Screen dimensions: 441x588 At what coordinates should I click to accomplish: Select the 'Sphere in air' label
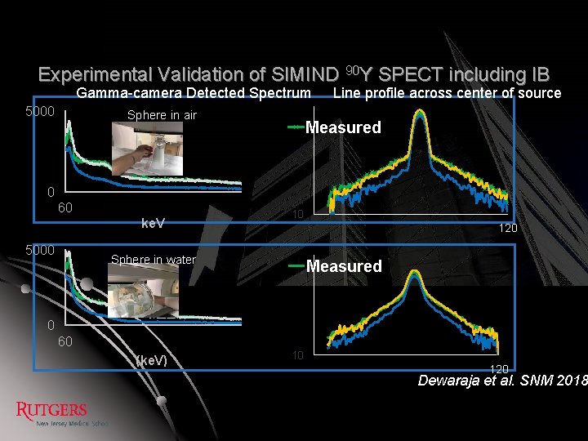(x=162, y=115)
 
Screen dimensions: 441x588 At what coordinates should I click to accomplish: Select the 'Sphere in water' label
(x=154, y=260)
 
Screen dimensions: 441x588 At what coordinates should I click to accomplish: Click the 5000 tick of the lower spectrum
(x=39, y=250)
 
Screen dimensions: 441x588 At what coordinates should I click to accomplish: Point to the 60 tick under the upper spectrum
(x=65, y=207)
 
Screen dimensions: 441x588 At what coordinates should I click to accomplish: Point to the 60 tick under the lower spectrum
(x=65, y=341)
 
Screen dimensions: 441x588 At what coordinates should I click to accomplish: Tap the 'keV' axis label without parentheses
(x=154, y=222)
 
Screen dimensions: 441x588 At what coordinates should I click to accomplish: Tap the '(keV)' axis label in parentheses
(x=151, y=360)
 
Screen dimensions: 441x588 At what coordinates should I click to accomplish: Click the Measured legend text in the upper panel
(x=343, y=127)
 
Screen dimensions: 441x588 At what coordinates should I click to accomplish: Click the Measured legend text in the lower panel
(x=344, y=266)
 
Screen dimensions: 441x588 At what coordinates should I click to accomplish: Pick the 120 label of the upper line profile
(x=508, y=228)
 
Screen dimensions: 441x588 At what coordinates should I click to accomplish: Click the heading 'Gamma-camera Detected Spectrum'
(x=194, y=93)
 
